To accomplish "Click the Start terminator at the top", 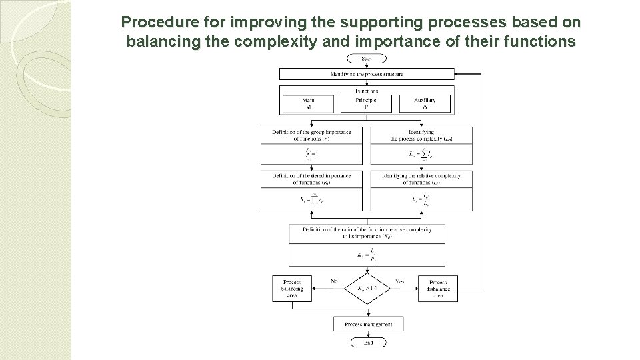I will pyautogui.click(x=367, y=59).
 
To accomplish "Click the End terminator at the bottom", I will pyautogui.click(x=367, y=342).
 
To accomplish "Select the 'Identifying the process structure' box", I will pyautogui.click(x=367, y=74).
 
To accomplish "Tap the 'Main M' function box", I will pyautogui.click(x=308, y=103).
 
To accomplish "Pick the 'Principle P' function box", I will pyautogui.click(x=366, y=103).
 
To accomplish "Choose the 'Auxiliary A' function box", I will pyautogui.click(x=425, y=103).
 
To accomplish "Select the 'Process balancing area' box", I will pyautogui.click(x=292, y=288).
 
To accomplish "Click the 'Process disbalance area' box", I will pyautogui.click(x=438, y=288).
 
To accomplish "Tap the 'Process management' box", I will pyautogui.click(x=367, y=324).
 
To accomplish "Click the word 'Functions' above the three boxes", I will pyautogui.click(x=367, y=91).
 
